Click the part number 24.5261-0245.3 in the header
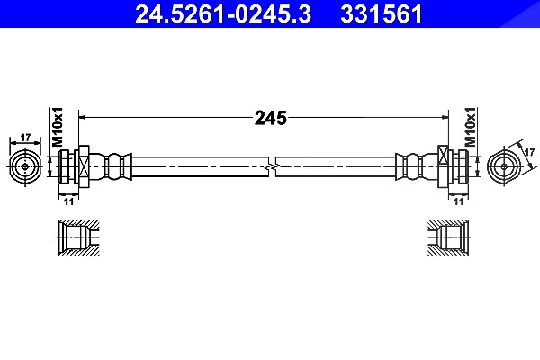(x=223, y=14)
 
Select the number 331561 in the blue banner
(x=382, y=14)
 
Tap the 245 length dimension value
(x=271, y=118)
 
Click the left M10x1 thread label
(x=58, y=127)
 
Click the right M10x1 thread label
(x=470, y=127)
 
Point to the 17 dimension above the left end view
(x=25, y=138)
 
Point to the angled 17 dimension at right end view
(x=529, y=152)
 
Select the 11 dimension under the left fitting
(x=69, y=202)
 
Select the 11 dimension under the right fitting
(x=458, y=202)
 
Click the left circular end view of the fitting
(x=25, y=167)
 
